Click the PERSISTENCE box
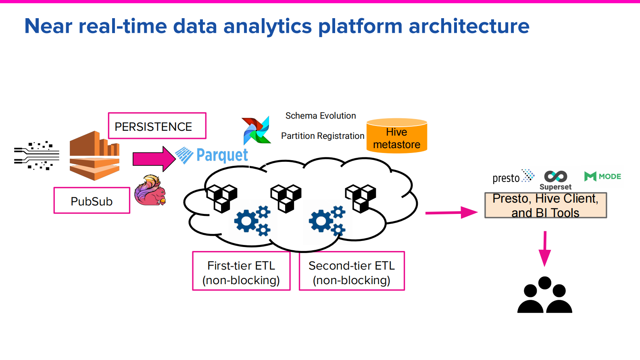pos(157,126)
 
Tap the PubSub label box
pos(92,201)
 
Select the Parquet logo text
pos(221,155)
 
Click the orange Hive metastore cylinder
pos(396,136)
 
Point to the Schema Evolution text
pos(321,116)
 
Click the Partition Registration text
pos(322,136)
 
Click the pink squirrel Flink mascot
pos(150,190)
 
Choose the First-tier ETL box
pos(241,271)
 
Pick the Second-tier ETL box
pos(351,271)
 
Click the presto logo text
pos(506,178)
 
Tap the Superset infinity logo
pos(555,177)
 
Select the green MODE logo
pos(602,176)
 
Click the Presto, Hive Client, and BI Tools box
pos(545,205)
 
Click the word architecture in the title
pos(469,26)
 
